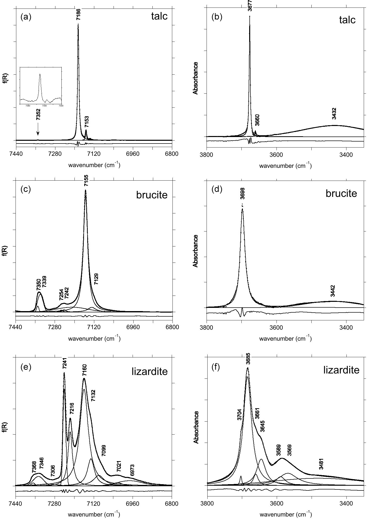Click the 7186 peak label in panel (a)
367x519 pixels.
pyautogui.click(x=78, y=14)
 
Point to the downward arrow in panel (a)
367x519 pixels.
pyautogui.click(x=38, y=131)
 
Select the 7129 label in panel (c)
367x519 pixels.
pyautogui.click(x=96, y=279)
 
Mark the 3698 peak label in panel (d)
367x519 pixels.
pyautogui.click(x=242, y=193)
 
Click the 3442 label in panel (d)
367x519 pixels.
pyautogui.click(x=333, y=291)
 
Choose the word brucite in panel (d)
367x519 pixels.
pyautogui.click(x=341, y=193)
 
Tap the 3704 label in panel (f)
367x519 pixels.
pyautogui.click(x=239, y=415)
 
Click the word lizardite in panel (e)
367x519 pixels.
pyautogui.click(x=149, y=371)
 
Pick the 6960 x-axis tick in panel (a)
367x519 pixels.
pyautogui.click(x=133, y=154)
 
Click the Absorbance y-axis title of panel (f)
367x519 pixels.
pyautogui.click(x=196, y=427)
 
